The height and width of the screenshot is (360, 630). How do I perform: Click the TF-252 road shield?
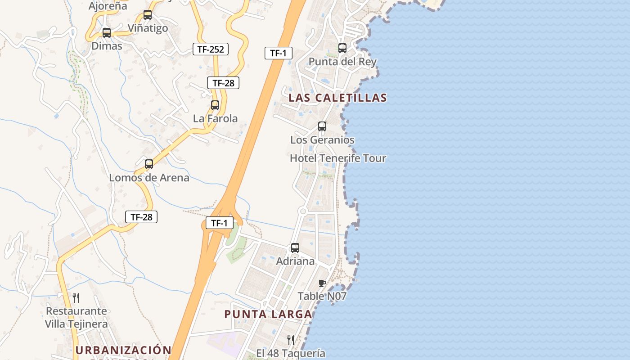(x=211, y=49)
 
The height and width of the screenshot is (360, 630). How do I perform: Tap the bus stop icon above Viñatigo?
(x=148, y=15)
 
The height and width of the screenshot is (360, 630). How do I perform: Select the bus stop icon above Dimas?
(x=107, y=33)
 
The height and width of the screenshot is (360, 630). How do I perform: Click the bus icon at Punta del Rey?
(x=342, y=48)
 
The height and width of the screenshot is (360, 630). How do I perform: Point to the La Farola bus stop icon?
(x=215, y=105)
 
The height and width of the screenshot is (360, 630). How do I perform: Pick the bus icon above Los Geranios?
(x=322, y=126)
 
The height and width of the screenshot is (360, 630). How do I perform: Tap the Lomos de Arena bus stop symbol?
(x=149, y=164)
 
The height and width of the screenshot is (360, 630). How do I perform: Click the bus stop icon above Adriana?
(x=295, y=248)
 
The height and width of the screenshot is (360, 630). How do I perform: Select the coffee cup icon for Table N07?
(x=322, y=283)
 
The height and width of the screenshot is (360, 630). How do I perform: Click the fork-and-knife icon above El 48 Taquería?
(x=291, y=340)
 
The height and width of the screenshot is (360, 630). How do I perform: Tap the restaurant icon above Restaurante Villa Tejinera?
(x=76, y=297)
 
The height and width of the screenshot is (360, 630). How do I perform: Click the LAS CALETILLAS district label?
(x=337, y=98)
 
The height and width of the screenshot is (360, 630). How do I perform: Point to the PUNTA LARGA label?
(x=268, y=314)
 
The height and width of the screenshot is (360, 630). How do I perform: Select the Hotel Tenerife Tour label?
(x=338, y=158)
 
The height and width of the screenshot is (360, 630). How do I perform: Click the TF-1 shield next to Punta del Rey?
(x=278, y=53)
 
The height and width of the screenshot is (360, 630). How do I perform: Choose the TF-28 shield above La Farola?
(x=223, y=83)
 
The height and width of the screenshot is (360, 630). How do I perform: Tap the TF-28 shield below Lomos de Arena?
(x=141, y=217)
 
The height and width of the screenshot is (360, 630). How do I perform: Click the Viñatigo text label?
(x=148, y=28)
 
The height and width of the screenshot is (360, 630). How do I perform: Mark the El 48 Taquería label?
(x=291, y=353)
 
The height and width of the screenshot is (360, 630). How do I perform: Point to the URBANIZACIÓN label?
(x=123, y=350)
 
